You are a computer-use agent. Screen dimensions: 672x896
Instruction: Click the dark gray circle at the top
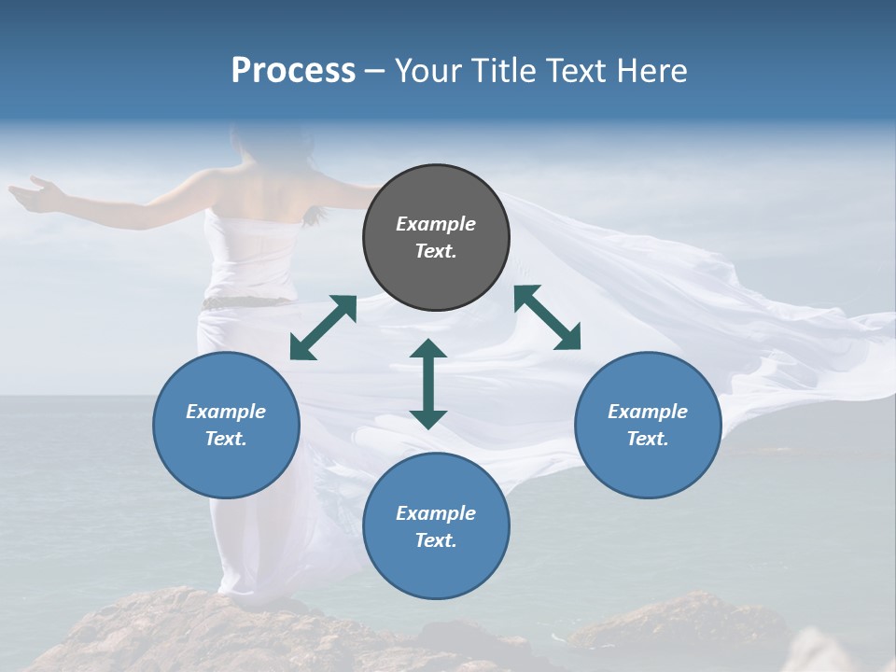click(x=436, y=238)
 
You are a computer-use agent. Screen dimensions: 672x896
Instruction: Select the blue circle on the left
click(x=226, y=426)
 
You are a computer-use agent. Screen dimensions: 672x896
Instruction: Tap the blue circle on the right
click(x=648, y=426)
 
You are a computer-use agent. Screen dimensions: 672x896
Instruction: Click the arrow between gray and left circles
click(x=323, y=328)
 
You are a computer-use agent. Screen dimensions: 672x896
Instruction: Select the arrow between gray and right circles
click(x=548, y=317)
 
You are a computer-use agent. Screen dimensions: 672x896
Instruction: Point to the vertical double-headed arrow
click(x=428, y=384)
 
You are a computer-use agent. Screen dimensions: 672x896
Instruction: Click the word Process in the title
click(x=293, y=71)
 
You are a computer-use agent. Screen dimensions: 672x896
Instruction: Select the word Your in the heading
click(x=429, y=71)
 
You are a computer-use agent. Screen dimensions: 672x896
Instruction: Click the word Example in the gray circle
click(x=436, y=224)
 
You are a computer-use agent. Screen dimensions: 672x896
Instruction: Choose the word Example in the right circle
click(x=648, y=412)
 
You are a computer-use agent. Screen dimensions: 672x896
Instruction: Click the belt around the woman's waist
click(x=247, y=301)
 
